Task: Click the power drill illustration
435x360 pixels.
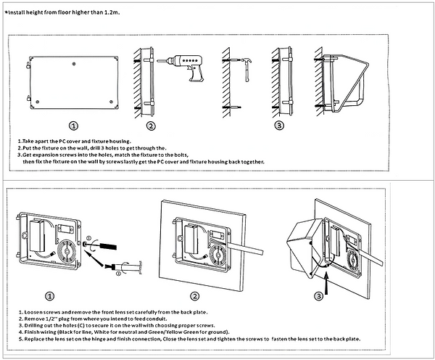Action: [183, 67]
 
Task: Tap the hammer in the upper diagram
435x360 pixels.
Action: [246, 70]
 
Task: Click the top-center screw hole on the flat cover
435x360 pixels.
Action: [74, 64]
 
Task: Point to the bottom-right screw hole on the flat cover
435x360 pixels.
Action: [111, 102]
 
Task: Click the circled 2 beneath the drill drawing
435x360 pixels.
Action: [151, 126]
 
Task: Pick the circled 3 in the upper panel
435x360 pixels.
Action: [279, 126]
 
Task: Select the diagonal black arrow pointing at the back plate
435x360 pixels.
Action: [94, 259]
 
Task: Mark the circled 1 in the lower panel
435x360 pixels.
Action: [49, 296]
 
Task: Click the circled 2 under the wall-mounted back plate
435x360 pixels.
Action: [195, 296]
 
